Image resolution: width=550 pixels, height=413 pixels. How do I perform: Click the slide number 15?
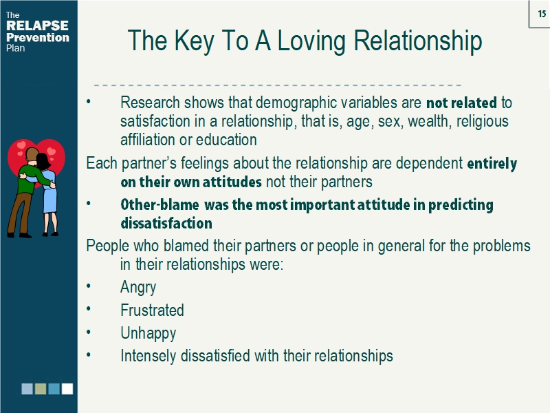click(542, 14)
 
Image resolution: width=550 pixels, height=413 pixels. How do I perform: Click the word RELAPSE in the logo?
click(37, 26)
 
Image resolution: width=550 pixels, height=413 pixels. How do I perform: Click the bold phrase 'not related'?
click(461, 103)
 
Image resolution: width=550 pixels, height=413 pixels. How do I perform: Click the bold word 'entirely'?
click(492, 164)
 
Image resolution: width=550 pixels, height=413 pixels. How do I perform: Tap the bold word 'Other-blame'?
click(160, 205)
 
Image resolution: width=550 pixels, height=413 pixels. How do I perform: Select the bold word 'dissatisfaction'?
click(166, 224)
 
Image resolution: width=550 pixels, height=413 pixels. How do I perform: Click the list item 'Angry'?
click(138, 288)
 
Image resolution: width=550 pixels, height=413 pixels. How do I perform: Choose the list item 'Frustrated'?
click(152, 310)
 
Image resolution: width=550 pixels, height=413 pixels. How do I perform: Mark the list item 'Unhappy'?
click(148, 334)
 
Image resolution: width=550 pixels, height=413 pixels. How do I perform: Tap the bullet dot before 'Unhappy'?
click(89, 334)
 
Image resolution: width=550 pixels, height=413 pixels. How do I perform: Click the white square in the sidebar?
click(67, 389)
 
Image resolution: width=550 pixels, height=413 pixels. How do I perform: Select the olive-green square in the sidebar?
click(41, 389)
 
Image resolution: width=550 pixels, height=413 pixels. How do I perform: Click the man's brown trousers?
click(19, 206)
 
